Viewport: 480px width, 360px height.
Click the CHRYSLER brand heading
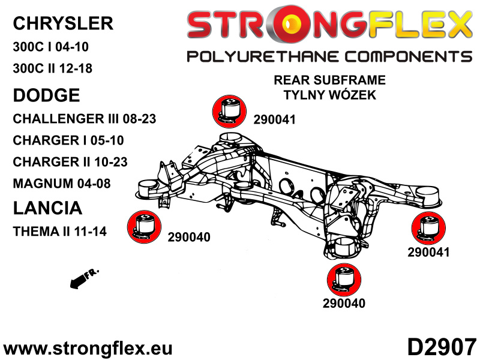click(x=63, y=23)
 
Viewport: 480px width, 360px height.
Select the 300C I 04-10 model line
click(x=51, y=47)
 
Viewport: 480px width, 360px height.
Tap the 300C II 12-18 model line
click(x=52, y=68)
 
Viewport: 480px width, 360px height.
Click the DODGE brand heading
click(x=47, y=95)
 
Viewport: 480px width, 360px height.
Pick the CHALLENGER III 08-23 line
click(x=85, y=119)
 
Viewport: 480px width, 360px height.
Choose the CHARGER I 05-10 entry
click(x=68, y=140)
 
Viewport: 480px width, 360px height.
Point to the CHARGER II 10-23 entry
click(x=70, y=162)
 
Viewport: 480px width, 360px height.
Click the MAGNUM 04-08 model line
click(x=62, y=184)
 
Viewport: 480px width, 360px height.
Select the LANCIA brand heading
click(x=47, y=208)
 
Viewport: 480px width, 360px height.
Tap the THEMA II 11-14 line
click(x=59, y=231)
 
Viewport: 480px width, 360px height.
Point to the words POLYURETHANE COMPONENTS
click(x=329, y=56)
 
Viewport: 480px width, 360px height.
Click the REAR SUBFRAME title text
click(x=329, y=80)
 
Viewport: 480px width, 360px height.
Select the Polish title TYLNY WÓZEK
click(x=329, y=95)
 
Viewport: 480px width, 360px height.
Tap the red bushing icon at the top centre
click(x=229, y=112)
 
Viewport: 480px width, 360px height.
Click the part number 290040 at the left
click(x=189, y=237)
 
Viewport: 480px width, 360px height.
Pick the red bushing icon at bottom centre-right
click(x=344, y=280)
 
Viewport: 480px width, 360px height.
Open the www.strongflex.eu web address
click(x=88, y=348)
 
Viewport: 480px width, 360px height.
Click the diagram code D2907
click(x=442, y=347)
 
